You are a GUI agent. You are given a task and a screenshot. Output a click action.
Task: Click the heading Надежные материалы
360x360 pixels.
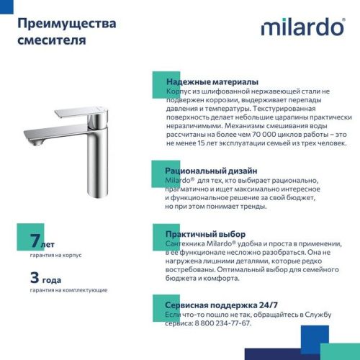click(212, 82)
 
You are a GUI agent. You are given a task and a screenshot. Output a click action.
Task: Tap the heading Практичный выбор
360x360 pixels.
click(206, 235)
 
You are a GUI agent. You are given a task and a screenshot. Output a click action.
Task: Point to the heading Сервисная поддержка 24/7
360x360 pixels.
click(224, 305)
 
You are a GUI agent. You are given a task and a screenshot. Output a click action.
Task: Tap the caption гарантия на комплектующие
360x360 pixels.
click(69, 289)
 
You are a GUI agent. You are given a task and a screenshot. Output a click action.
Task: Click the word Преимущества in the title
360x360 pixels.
click(66, 24)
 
